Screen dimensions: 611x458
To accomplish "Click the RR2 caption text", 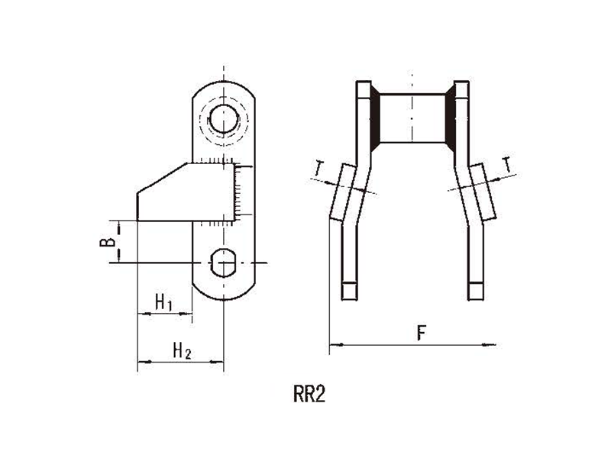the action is [x=309, y=394].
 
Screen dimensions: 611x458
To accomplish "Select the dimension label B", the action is [x=107, y=242].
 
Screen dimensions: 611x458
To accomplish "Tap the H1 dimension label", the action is [x=163, y=302].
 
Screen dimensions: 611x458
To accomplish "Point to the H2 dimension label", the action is [x=182, y=350].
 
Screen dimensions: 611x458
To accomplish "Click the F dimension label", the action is [x=422, y=333].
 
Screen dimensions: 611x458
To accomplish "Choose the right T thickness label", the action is [x=506, y=164].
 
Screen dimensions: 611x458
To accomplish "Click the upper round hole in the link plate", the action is [x=224, y=118].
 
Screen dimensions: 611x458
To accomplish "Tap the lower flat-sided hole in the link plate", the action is [x=223, y=263].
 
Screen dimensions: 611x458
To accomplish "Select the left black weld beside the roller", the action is [x=374, y=118].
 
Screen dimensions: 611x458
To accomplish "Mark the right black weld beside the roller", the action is [x=450, y=118].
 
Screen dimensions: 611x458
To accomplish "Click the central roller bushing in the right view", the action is [x=412, y=118].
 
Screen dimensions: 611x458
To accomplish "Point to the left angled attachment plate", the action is [x=343, y=193].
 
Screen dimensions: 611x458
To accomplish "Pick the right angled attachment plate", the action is [x=483, y=192].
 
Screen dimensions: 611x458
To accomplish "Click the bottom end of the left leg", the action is [x=349, y=299].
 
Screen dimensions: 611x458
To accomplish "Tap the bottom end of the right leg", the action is [x=475, y=299].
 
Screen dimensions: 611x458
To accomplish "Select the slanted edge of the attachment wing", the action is [x=163, y=178].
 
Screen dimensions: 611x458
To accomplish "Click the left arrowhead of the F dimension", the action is [x=336, y=345].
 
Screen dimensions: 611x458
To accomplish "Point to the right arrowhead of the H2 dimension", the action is [x=217, y=362].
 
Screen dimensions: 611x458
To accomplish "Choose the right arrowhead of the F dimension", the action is [x=489, y=345].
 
